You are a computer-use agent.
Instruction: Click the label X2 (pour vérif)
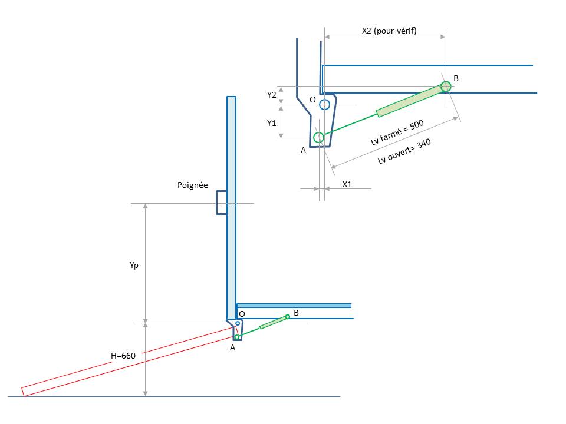[389, 31]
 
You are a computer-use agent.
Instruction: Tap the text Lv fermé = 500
[397, 132]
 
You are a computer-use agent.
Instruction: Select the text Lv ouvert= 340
[404, 151]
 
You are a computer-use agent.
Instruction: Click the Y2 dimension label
[271, 95]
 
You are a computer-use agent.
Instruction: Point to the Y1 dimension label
[271, 123]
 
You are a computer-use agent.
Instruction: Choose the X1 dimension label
[347, 184]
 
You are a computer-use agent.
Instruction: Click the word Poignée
[193, 185]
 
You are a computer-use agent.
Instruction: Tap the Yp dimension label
[134, 266]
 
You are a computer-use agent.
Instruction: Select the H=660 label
[123, 356]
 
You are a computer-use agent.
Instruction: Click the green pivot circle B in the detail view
[446, 87]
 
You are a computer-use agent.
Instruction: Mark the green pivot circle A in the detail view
[319, 137]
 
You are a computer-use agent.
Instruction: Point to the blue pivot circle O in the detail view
[324, 105]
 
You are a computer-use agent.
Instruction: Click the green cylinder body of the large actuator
[410, 100]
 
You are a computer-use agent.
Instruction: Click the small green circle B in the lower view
[288, 317]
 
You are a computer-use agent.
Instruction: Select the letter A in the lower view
[232, 347]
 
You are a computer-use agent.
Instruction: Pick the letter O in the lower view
[242, 314]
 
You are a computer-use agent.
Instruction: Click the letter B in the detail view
[456, 78]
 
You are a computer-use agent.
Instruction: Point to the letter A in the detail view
[303, 150]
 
